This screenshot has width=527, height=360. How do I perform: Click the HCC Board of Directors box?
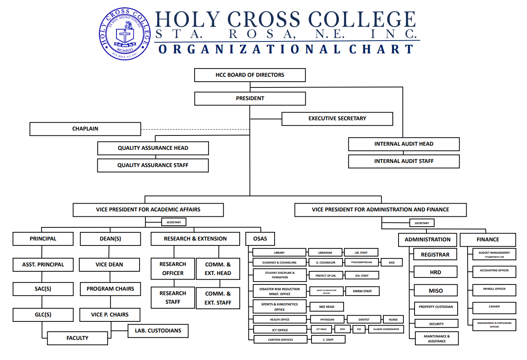tap(250, 75)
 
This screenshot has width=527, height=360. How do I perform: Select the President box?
tap(250, 99)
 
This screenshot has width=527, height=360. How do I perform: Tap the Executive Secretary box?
tap(337, 119)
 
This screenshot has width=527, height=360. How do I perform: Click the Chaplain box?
tap(85, 129)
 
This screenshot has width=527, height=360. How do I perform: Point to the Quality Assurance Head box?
tap(153, 148)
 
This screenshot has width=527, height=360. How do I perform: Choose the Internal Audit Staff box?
tap(403, 161)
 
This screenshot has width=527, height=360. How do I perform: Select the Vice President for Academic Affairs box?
tap(148, 210)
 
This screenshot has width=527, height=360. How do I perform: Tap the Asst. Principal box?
tap(43, 265)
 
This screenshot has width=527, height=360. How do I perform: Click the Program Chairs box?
tap(110, 289)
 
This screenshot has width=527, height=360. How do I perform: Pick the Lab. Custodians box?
tap(158, 331)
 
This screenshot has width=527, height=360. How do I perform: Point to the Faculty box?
tap(77, 338)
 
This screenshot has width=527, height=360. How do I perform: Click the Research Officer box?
tap(173, 269)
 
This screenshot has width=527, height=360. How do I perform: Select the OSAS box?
tap(260, 239)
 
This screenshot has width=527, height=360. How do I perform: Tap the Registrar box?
tap(435, 255)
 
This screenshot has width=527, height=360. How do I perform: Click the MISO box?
tap(435, 291)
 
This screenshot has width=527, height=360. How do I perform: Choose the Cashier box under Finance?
tap(494, 307)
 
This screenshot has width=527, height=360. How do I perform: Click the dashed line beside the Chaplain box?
tap(195, 129)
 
